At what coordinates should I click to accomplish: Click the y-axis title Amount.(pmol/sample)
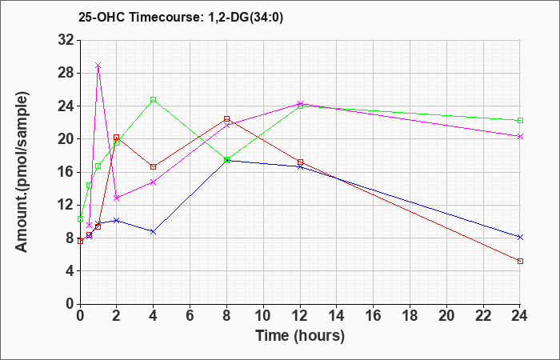[22, 172]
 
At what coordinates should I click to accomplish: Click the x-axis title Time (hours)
[300, 336]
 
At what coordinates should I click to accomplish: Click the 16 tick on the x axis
[374, 316]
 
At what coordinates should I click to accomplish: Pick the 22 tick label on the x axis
[483, 316]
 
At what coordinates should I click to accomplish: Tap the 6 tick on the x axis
[190, 316]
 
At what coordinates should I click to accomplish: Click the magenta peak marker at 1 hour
[98, 66]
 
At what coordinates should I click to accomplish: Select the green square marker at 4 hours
[154, 99]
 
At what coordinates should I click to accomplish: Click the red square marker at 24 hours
[520, 261]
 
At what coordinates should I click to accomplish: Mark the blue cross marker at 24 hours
[520, 237]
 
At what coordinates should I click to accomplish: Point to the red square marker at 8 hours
[226, 118]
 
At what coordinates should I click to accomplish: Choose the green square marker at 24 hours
[520, 120]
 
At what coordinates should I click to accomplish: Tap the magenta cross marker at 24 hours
[520, 137]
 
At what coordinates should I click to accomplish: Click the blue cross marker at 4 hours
[154, 231]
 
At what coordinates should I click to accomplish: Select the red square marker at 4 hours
[154, 166]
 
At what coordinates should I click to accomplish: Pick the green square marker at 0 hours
[80, 218]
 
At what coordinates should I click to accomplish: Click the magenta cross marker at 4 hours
[154, 182]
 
